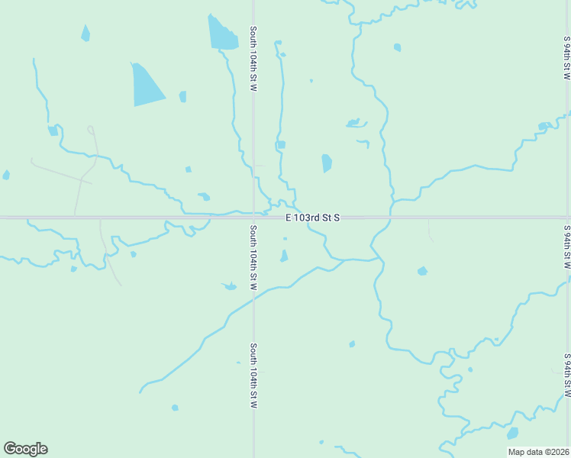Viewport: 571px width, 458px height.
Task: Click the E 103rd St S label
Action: pos(312,218)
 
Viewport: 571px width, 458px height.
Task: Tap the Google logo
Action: pos(25,449)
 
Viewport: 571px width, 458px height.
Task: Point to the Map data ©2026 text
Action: pos(538,452)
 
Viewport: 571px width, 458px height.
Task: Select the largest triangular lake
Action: pos(147,85)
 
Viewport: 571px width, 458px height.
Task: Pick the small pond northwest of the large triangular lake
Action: pos(85,33)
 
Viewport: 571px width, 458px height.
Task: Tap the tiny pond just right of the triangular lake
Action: pos(182,96)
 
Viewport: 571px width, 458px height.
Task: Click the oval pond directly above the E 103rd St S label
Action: pos(327,163)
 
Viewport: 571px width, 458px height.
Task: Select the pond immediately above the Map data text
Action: pos(512,434)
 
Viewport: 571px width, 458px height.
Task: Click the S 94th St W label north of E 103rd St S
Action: pos(566,59)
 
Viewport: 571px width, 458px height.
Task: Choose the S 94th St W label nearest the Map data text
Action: pos(566,374)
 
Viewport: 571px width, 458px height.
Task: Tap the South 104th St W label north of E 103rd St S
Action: pos(253,59)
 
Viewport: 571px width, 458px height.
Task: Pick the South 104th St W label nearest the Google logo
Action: pos(253,375)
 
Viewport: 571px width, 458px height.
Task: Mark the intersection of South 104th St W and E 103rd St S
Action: pos(253,218)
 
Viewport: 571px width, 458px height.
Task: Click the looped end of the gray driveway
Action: pos(91,129)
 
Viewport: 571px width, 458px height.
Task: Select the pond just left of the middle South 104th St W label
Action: pos(229,286)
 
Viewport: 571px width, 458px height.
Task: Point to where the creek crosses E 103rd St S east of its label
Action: pos(390,218)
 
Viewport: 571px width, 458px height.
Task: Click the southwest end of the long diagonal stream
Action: pos(140,392)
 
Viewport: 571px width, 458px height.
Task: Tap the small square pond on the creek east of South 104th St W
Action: pos(281,144)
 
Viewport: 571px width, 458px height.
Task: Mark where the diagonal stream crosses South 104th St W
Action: pos(253,298)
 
